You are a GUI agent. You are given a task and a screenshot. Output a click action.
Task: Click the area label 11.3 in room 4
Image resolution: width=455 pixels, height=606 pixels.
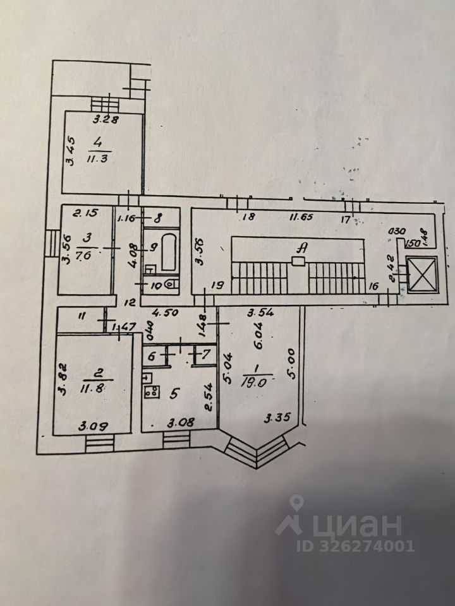click(99, 157)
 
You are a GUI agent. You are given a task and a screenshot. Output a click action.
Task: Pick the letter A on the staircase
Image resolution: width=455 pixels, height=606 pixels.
click(301, 249)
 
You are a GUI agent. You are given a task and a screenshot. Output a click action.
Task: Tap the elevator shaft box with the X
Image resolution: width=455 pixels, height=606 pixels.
click(421, 276)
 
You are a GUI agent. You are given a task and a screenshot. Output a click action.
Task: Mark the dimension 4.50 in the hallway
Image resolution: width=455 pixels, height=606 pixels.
click(162, 311)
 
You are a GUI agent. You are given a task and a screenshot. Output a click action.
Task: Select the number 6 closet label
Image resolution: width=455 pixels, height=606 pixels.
click(152, 356)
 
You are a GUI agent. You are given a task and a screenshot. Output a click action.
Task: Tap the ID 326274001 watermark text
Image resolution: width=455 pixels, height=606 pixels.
click(344, 545)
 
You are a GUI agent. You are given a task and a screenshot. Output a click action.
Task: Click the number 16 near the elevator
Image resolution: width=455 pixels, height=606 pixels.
click(373, 286)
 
